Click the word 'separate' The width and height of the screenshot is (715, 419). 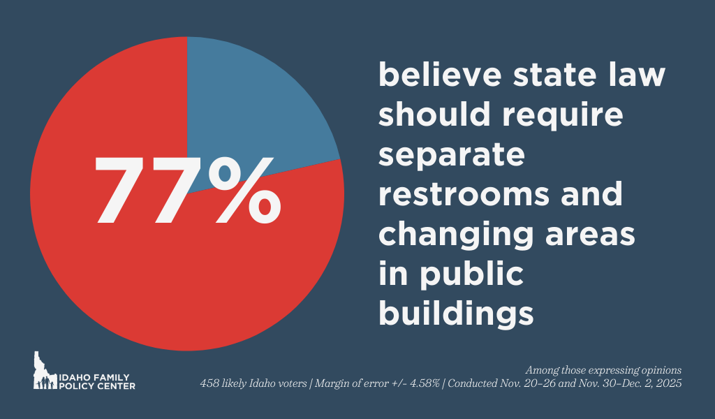(451, 155)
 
